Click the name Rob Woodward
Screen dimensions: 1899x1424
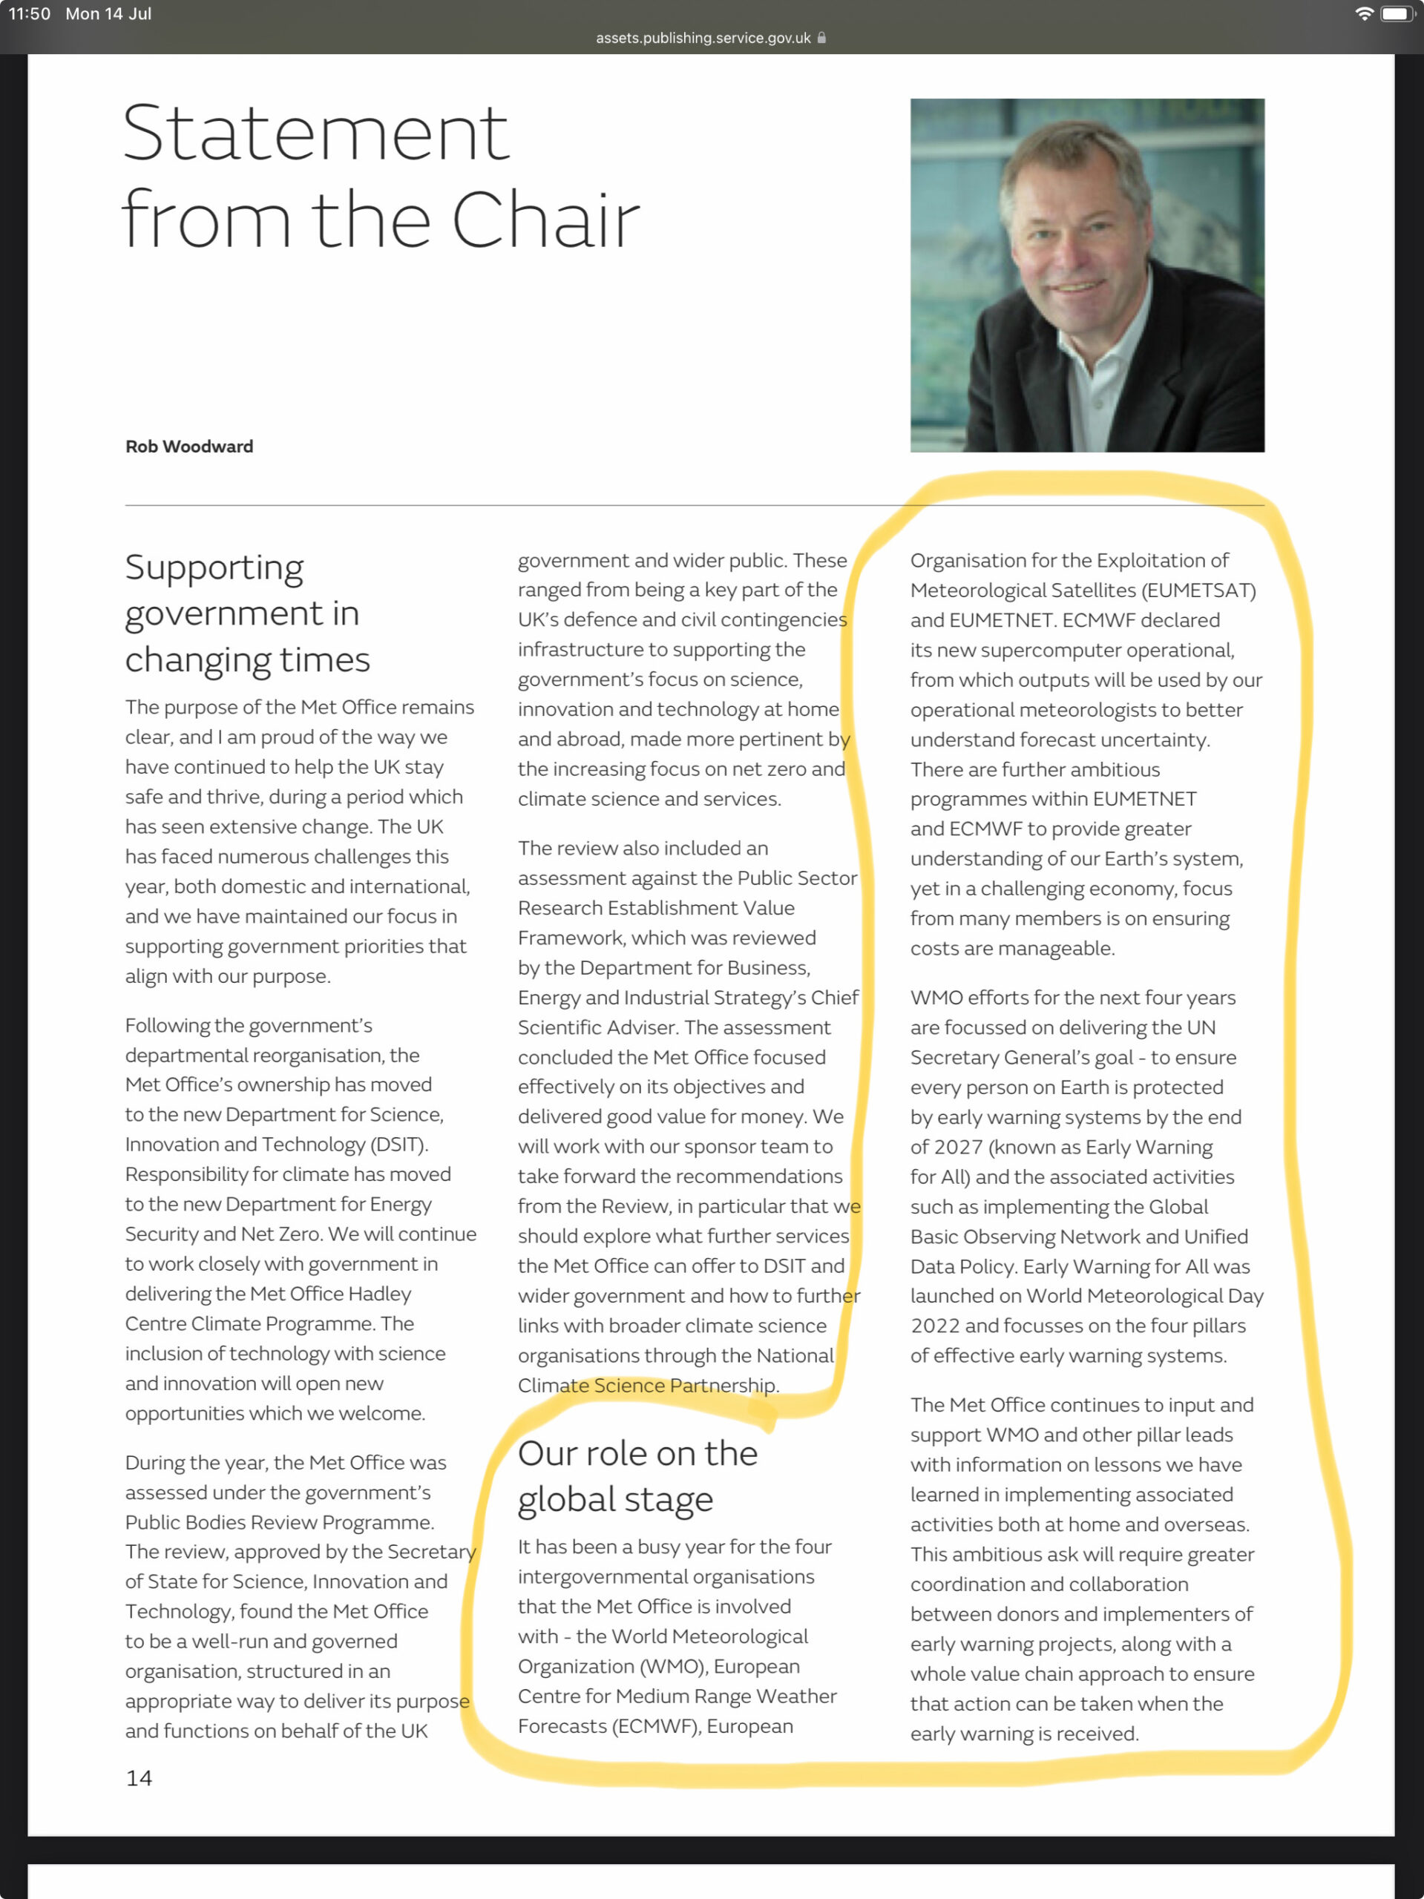click(189, 447)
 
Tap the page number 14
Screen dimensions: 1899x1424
click(140, 1778)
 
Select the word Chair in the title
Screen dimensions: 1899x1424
click(545, 220)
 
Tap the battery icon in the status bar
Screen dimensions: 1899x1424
click(1396, 14)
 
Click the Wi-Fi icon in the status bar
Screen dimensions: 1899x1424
click(1363, 14)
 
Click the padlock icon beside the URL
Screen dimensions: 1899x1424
click(822, 38)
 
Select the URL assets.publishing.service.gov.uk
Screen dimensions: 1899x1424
click(703, 38)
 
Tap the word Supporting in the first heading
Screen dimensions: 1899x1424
click(214, 568)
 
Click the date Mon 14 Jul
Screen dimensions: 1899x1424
click(108, 14)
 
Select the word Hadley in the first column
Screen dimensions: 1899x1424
click(381, 1294)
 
